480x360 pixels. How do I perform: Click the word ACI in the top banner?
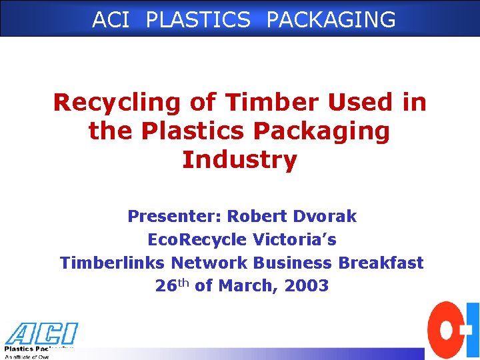coord(111,19)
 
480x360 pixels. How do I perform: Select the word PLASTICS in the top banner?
coord(198,19)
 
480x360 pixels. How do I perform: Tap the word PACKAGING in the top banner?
coord(331,19)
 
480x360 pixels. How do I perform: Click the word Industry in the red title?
coord(239,160)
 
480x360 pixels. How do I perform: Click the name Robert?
coord(256,217)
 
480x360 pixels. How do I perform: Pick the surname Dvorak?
coord(323,217)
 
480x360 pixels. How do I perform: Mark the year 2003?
coord(306,286)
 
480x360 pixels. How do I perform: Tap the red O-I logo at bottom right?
coord(453,330)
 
